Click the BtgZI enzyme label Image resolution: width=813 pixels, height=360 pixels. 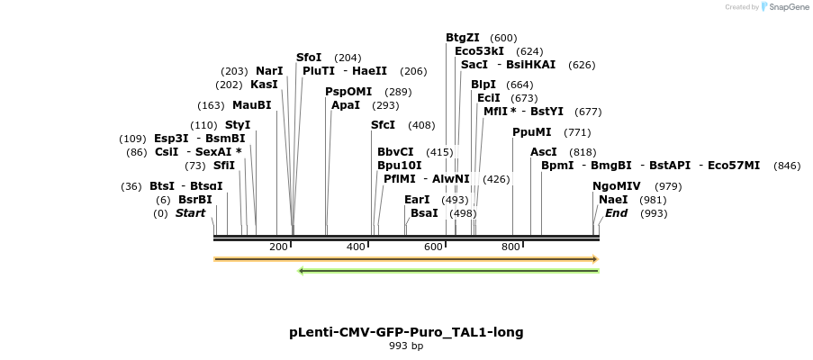(x=463, y=38)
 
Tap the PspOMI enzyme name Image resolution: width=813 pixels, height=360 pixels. (x=348, y=92)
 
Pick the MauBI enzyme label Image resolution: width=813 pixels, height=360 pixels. (x=251, y=105)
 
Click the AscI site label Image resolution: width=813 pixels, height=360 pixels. (x=544, y=152)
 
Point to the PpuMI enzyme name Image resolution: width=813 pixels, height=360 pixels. (x=531, y=132)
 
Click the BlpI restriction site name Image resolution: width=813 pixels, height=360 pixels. (x=483, y=85)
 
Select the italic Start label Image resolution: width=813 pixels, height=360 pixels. (x=190, y=213)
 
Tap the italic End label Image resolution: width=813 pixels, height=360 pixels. (x=616, y=213)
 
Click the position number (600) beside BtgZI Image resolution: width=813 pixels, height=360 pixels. (x=504, y=38)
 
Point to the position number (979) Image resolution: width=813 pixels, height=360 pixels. (x=668, y=186)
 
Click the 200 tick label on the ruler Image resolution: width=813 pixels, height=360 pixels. (x=278, y=247)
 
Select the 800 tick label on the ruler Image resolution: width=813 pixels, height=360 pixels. (x=510, y=247)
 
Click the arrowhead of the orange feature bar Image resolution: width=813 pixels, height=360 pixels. (x=594, y=259)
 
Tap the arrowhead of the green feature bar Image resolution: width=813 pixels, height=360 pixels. (x=302, y=270)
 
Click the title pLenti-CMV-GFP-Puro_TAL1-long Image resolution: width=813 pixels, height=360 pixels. (x=406, y=332)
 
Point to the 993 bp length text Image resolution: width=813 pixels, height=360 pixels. (x=406, y=346)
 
